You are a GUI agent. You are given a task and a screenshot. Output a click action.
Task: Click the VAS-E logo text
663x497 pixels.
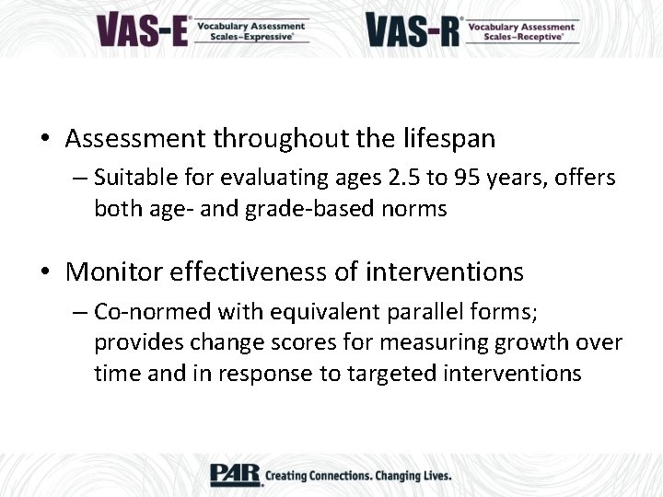142,29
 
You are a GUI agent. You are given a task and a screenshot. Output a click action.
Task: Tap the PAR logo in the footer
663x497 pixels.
235,474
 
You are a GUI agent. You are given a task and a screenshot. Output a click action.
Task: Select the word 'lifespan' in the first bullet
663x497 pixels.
449,139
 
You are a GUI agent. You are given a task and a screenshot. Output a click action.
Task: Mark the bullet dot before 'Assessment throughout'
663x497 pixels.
45,140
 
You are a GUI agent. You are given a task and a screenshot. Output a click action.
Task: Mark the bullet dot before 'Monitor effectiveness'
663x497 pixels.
45,273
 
